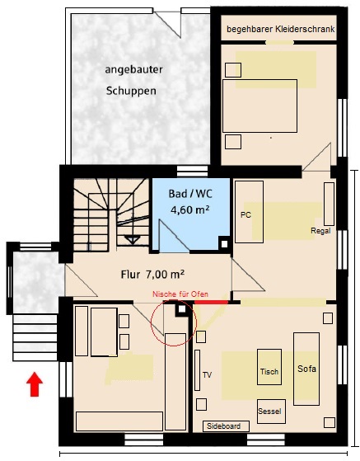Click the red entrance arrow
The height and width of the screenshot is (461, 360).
click(35, 384)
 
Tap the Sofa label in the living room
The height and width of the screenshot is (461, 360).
click(306, 369)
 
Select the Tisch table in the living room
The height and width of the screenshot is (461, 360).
click(269, 367)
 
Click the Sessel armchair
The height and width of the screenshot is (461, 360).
click(271, 412)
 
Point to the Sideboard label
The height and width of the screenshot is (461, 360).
click(224, 426)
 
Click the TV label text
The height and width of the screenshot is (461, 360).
click(207, 375)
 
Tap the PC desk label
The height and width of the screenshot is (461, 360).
click(245, 215)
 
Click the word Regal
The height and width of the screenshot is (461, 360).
click(320, 231)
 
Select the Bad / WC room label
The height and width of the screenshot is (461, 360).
click(190, 194)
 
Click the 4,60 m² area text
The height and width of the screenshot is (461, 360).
click(190, 209)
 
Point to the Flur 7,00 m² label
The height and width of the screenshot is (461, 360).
click(152, 275)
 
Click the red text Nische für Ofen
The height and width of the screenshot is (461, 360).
click(180, 294)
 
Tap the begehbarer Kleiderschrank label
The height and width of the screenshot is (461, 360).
click(281, 29)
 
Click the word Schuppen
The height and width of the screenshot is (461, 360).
click(131, 91)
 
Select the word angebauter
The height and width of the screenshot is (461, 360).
click(133, 70)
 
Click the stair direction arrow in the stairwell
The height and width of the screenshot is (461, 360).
click(133, 239)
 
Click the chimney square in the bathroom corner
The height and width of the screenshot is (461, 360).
click(224, 244)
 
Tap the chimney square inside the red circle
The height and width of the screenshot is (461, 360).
click(182, 309)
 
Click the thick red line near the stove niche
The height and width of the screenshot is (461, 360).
click(212, 302)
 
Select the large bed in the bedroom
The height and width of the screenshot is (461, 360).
click(259, 106)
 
